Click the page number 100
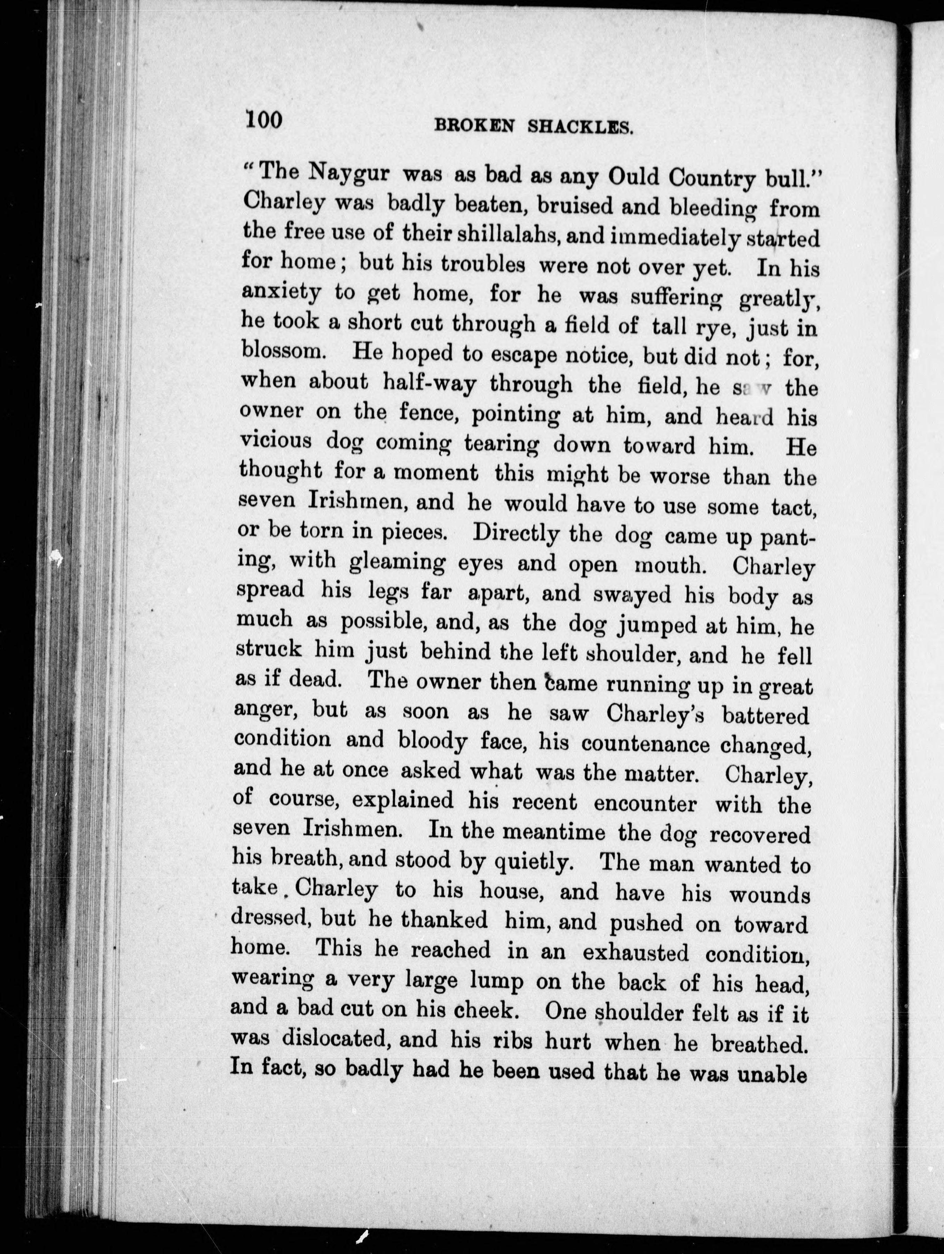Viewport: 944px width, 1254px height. pos(264,120)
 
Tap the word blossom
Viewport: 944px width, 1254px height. pos(283,351)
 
